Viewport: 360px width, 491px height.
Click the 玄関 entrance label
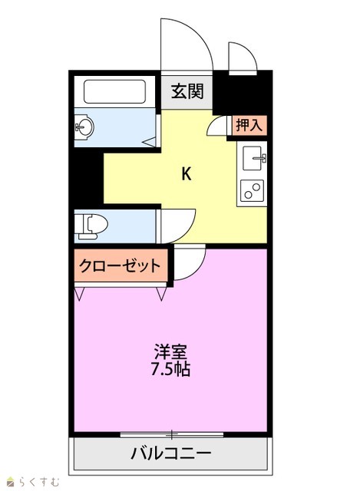pos(187,91)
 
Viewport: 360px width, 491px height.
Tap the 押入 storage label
pos(249,125)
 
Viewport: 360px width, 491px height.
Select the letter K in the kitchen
pos(187,174)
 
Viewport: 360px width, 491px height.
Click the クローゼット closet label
pos(120,266)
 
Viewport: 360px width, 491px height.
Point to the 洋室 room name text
pos(170,352)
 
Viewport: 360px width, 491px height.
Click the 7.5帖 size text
pos(170,369)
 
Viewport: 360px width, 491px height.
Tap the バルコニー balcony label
pos(170,453)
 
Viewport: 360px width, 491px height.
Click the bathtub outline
pos(114,91)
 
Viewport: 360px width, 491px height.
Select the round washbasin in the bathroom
pos(85,127)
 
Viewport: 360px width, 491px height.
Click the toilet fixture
pos(91,224)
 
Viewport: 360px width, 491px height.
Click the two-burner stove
pos(252,191)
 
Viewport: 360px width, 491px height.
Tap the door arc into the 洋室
pos(197,269)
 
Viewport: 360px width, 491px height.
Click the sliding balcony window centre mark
pos(172,434)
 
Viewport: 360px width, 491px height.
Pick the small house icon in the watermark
pos(12,482)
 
